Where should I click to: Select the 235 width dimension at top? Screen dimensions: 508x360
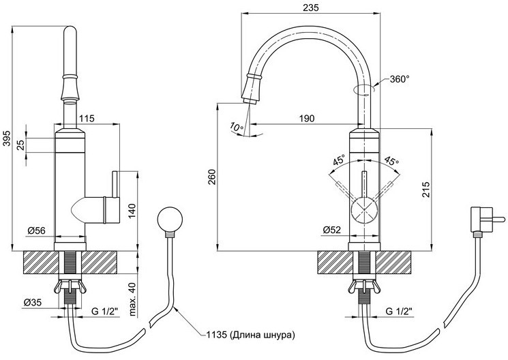point(311,7)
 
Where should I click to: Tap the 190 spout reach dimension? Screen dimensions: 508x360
point(306,118)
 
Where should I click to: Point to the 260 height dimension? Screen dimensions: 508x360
point(211,177)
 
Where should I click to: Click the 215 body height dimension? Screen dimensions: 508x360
point(425,190)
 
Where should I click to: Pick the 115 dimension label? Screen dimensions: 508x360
point(86,119)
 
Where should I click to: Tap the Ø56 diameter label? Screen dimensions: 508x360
point(37,230)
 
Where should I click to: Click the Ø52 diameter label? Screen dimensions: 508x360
point(332,230)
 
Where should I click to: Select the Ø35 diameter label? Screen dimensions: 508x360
point(33,302)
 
